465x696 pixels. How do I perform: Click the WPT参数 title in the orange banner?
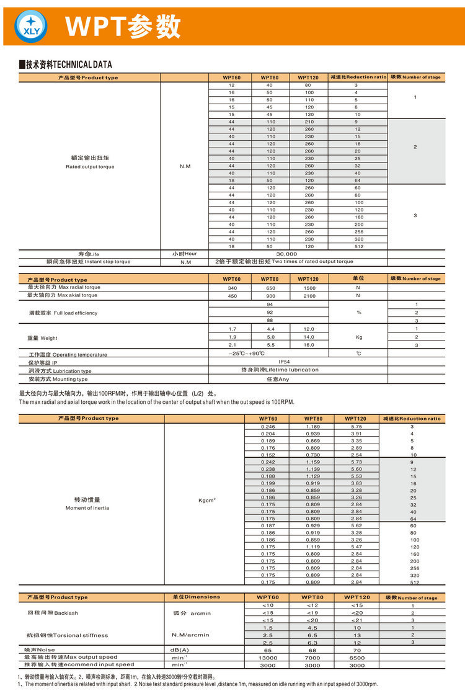tap(123, 27)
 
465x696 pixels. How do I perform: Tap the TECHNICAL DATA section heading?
tap(66, 65)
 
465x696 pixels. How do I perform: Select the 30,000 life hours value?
tap(286, 254)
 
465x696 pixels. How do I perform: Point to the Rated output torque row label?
tap(89, 163)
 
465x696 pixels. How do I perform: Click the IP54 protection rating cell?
tap(284, 361)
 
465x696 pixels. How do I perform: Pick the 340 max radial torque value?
tap(232, 288)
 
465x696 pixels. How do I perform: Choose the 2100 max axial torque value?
tap(308, 296)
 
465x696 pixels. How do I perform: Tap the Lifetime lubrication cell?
tap(280, 370)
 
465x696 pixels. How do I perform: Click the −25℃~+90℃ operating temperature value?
tap(246, 353)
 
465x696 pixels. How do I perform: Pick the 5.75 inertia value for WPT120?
tap(356, 427)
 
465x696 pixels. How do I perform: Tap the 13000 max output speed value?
tap(268, 657)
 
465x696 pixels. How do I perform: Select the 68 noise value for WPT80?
tap(312, 649)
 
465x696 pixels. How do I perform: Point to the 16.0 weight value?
tap(308, 345)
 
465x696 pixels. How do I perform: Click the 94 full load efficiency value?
tap(269, 305)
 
